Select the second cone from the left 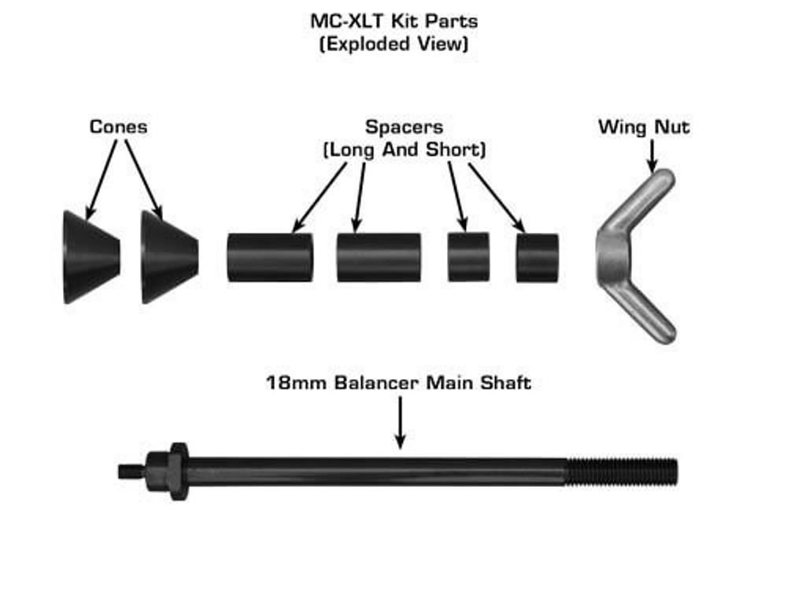pyautogui.click(x=168, y=256)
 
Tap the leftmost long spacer pyautogui.click(x=270, y=257)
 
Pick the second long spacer pyautogui.click(x=379, y=257)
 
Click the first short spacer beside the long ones pyautogui.click(x=468, y=257)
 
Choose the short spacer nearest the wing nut pyautogui.click(x=538, y=257)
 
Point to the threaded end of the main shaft pyautogui.click(x=622, y=471)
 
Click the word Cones pyautogui.click(x=118, y=127)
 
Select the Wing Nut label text pyautogui.click(x=644, y=127)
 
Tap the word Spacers pyautogui.click(x=404, y=127)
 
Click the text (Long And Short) pyautogui.click(x=404, y=149)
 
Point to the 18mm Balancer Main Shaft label pyautogui.click(x=398, y=384)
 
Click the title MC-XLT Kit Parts pyautogui.click(x=393, y=20)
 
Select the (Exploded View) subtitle pyautogui.click(x=393, y=43)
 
